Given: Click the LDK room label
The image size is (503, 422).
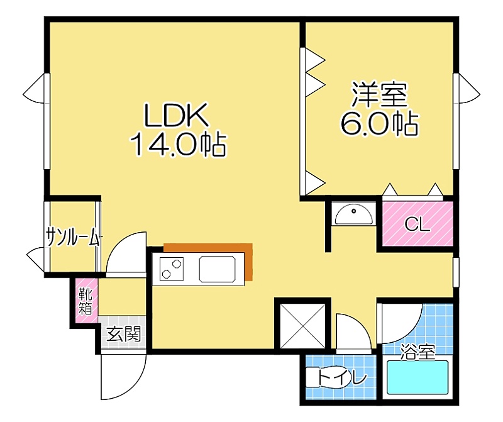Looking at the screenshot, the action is pos(177,115).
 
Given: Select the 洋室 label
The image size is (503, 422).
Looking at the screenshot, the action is pos(380,95).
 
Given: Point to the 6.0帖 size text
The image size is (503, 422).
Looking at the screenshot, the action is pos(380,123).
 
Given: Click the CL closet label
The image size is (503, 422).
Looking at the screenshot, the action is pos(417,225).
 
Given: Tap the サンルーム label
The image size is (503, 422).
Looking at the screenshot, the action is pos(73,238).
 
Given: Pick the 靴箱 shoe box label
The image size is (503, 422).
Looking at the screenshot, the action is pos(86,301).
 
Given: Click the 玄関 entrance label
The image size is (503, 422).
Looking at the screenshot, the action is pos(123,334).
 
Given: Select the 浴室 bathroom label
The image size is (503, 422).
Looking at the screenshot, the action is pos(418,352).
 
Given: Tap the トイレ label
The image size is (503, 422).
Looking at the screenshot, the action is pos(342,378).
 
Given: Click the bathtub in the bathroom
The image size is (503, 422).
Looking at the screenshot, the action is pos(417,377).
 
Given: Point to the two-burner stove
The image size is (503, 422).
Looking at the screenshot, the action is pos(172,269).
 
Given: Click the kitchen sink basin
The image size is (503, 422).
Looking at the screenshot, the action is pos(217,269).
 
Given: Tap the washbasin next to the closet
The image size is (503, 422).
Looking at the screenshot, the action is pos(354,214).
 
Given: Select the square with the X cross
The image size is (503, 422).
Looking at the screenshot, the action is pos(303,325).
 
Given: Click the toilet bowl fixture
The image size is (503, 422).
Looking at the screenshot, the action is pos(324,378).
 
